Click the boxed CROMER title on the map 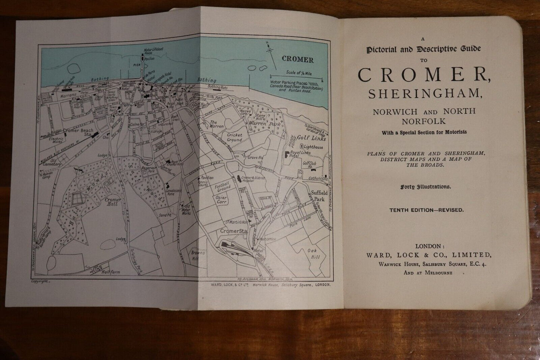click(297, 59)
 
